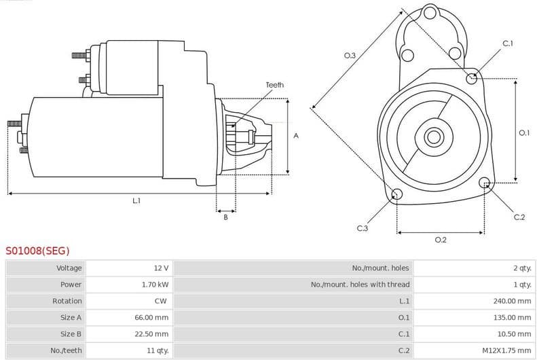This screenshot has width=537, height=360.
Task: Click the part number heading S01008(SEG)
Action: (x=37, y=250)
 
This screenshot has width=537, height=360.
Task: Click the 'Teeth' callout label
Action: (x=274, y=85)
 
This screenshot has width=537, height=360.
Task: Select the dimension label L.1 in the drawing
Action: (x=136, y=200)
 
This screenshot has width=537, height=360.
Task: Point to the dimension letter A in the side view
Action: (x=296, y=136)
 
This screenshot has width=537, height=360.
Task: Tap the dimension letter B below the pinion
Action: (x=225, y=217)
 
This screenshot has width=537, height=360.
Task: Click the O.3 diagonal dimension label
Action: (x=350, y=56)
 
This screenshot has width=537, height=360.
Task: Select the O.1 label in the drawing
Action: (x=523, y=133)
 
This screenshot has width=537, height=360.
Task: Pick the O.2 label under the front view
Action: (x=440, y=240)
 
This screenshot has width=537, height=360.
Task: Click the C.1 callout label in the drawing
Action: (x=507, y=43)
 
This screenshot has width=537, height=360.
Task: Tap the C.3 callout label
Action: (x=362, y=228)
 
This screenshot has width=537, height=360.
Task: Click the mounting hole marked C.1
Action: (x=472, y=78)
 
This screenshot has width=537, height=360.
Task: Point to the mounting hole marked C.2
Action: (x=485, y=183)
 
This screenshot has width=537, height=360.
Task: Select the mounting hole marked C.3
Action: (x=397, y=195)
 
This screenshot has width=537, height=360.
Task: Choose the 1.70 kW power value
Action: (x=155, y=285)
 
